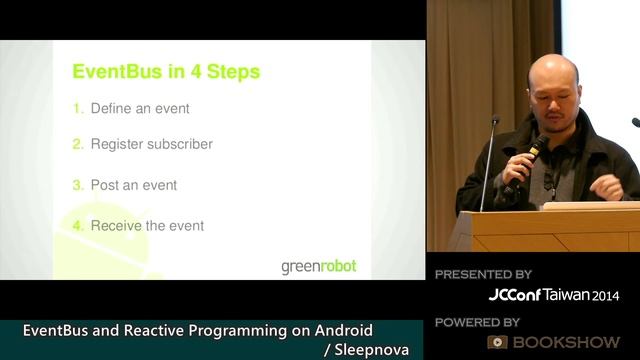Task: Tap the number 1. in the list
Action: point(77,108)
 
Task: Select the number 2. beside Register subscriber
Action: point(77,144)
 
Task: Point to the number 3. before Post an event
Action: point(77,185)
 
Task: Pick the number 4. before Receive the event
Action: point(77,226)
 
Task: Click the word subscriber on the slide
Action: point(181,144)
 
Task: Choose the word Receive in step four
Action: point(114,226)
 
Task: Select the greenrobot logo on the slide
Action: point(317,266)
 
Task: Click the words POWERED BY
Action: point(478,322)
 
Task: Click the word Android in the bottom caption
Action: point(338,330)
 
